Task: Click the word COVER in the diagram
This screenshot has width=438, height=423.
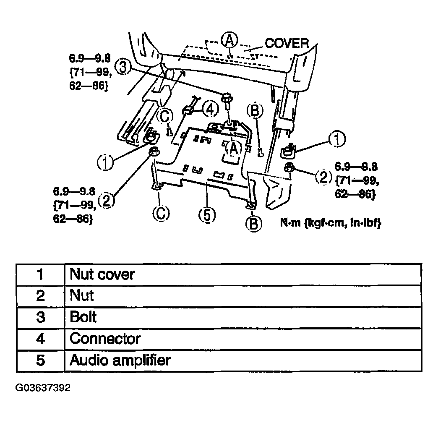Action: (287, 43)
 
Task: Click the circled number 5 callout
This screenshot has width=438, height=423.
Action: (207, 215)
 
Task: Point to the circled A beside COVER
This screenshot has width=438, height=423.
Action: (229, 40)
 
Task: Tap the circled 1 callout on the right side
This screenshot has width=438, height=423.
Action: (337, 139)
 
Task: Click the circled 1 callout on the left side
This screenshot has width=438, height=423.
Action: (105, 162)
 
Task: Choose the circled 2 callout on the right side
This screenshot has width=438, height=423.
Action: (323, 176)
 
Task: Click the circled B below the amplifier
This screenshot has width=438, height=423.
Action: (254, 223)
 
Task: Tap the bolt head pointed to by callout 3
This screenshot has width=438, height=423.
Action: (226, 97)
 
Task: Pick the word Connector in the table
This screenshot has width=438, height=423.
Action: (105, 339)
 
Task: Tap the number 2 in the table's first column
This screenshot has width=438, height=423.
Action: (41, 295)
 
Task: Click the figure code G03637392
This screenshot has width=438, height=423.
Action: (43, 388)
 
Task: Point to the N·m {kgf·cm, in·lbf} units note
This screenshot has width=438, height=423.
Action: (331, 223)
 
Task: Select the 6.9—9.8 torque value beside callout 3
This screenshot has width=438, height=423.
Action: (90, 58)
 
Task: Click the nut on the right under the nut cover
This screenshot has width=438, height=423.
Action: (289, 167)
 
